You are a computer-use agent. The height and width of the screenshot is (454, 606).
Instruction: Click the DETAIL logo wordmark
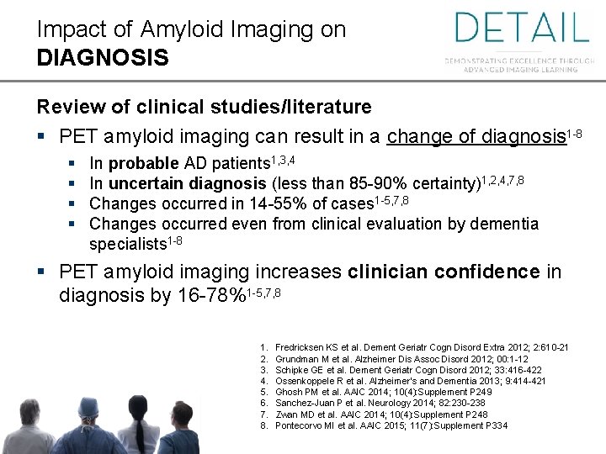coord(521,27)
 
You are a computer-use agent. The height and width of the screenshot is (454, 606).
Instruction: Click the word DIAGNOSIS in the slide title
coord(103,58)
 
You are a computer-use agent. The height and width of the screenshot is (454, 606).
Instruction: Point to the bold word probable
coord(144,163)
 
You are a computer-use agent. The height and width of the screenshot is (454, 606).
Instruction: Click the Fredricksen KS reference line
coord(422,347)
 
